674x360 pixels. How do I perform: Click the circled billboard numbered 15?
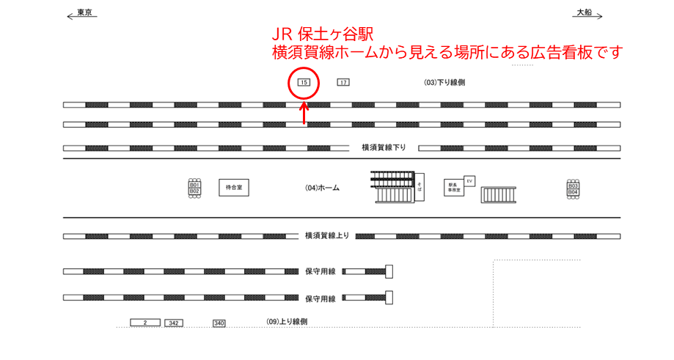(304, 82)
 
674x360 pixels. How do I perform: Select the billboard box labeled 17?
(343, 82)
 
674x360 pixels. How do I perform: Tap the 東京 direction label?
(84, 12)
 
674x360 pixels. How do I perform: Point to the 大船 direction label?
(584, 12)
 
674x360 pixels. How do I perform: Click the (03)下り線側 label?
(444, 82)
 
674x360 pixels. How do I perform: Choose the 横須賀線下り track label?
(384, 147)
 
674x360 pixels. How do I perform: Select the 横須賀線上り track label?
(327, 235)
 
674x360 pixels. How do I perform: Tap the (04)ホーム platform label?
(322, 188)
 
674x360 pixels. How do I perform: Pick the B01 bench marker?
(194, 185)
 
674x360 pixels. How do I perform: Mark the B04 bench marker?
(574, 192)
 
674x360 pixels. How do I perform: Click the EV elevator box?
(469, 180)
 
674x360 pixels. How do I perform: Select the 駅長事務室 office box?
(454, 188)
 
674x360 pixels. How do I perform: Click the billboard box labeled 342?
(173, 323)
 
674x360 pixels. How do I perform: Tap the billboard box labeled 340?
(219, 323)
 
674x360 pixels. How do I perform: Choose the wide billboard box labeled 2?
(145, 323)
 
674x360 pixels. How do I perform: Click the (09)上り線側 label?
(287, 322)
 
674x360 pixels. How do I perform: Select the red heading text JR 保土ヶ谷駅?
(321, 34)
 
